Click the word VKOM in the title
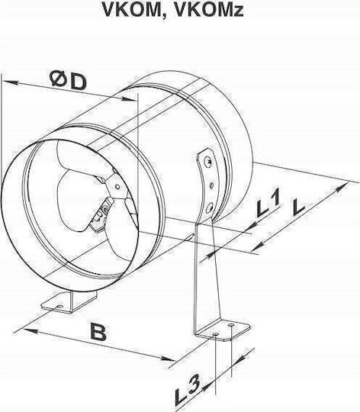pos(133,9)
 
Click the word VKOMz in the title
pos(209,9)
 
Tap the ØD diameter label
pos(69,80)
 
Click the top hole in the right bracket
pos(208,160)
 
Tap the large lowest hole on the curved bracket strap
pos(209,208)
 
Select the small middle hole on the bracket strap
pos(211,185)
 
